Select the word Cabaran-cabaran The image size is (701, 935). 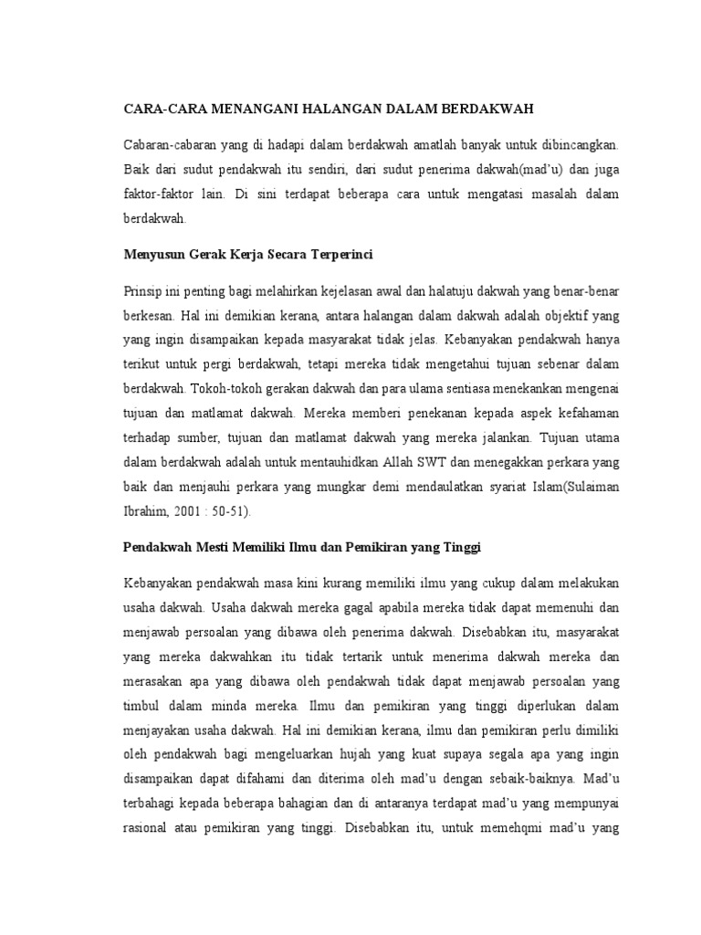click(167, 145)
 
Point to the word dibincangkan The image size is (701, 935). click(576, 145)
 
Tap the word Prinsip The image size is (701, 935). click(142, 290)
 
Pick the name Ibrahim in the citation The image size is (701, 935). click(144, 510)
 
